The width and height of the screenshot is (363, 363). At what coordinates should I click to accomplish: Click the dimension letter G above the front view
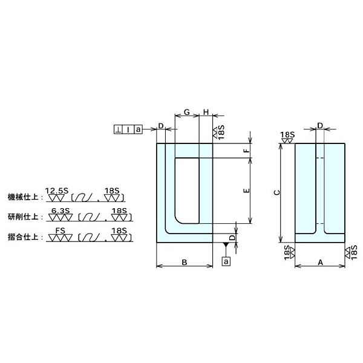(187, 113)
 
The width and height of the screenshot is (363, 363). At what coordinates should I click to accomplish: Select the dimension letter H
(206, 113)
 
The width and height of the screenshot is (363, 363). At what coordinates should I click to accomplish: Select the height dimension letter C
(276, 192)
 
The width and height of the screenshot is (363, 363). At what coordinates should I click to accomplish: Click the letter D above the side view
(320, 126)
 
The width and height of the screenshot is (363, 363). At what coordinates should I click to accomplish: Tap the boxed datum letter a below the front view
(226, 261)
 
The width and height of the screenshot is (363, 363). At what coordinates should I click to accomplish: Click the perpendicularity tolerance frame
(128, 129)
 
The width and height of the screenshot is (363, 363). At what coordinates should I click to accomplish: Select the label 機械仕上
(23, 197)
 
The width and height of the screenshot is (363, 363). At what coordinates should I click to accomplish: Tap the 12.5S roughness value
(58, 191)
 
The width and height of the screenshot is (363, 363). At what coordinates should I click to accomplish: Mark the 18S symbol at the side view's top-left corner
(287, 137)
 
